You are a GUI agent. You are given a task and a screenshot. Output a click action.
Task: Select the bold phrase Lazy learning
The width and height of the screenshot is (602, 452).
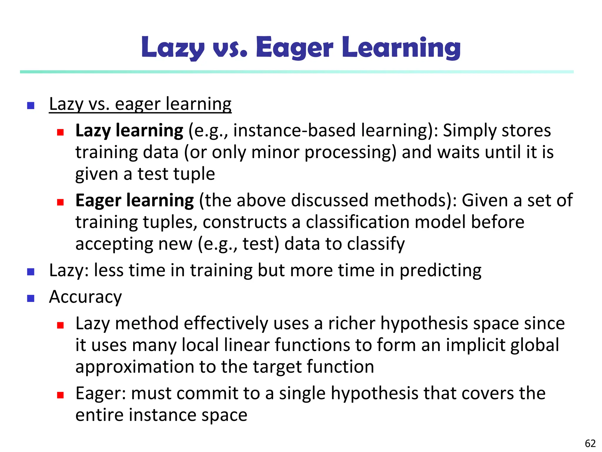129,130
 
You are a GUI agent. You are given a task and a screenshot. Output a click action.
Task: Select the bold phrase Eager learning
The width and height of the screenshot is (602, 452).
135,200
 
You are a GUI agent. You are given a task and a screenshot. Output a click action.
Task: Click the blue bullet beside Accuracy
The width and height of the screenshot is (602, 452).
31,298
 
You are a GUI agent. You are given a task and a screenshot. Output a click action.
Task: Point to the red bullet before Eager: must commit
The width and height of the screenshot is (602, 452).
61,395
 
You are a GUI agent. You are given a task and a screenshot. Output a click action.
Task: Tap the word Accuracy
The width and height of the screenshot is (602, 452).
86,297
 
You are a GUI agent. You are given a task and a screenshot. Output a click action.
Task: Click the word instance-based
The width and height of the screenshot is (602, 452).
294,130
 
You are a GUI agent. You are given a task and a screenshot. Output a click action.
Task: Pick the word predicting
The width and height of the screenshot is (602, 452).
440,270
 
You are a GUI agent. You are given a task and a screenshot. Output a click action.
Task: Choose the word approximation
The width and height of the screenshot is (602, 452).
134,367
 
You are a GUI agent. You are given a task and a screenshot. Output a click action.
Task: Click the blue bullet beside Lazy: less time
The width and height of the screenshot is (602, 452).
31,272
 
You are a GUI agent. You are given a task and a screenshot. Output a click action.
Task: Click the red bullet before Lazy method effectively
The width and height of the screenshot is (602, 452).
61,325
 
